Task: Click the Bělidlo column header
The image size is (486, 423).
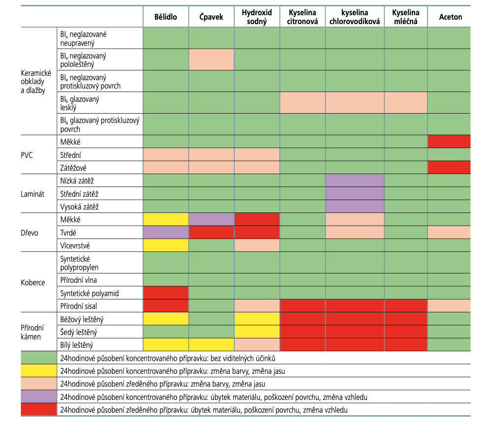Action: tap(166, 17)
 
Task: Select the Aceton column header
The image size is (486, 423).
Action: tap(451, 17)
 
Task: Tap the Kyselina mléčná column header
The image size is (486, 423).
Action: tap(405, 17)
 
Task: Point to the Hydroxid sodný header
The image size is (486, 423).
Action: tap(256, 17)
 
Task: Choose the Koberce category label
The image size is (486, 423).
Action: tap(33, 282)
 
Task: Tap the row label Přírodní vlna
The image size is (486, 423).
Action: tap(78, 280)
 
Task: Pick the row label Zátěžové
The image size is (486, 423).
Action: tap(73, 168)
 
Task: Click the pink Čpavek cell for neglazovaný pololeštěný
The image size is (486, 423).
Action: tap(211, 60)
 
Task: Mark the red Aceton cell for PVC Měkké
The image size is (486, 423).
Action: tap(449, 142)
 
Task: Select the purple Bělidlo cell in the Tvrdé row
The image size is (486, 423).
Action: tap(166, 232)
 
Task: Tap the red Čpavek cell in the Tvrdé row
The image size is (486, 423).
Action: tap(211, 232)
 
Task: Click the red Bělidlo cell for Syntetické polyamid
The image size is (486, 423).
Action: tap(166, 293)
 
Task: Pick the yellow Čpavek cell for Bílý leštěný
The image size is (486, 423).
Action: tap(211, 344)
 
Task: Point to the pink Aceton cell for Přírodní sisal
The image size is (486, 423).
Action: tap(449, 306)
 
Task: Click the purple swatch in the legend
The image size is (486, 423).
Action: tap(37, 396)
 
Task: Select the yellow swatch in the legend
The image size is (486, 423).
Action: tap(37, 370)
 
